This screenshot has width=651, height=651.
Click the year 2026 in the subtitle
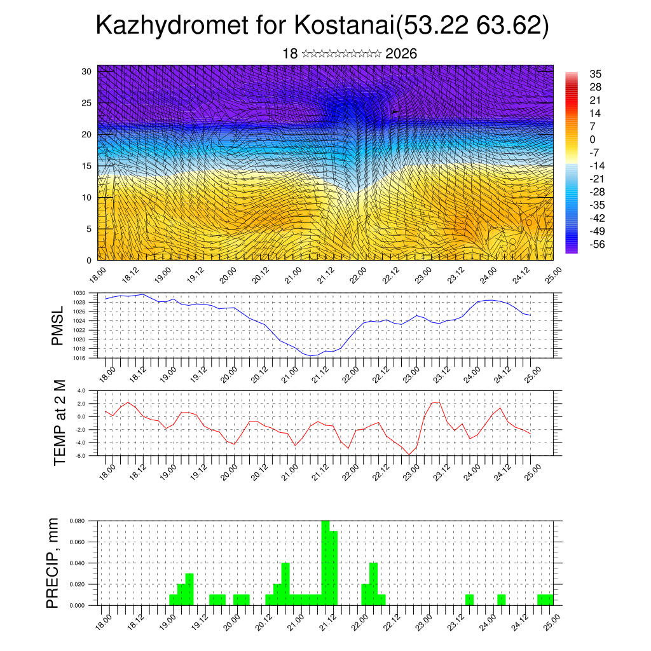[401, 54]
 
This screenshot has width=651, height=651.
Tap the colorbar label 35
[596, 74]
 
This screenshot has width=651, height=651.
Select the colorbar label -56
[597, 244]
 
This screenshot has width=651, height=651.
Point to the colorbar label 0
[593, 139]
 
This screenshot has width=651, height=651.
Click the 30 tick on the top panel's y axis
[86, 71]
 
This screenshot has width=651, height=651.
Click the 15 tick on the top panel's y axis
[86, 166]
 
